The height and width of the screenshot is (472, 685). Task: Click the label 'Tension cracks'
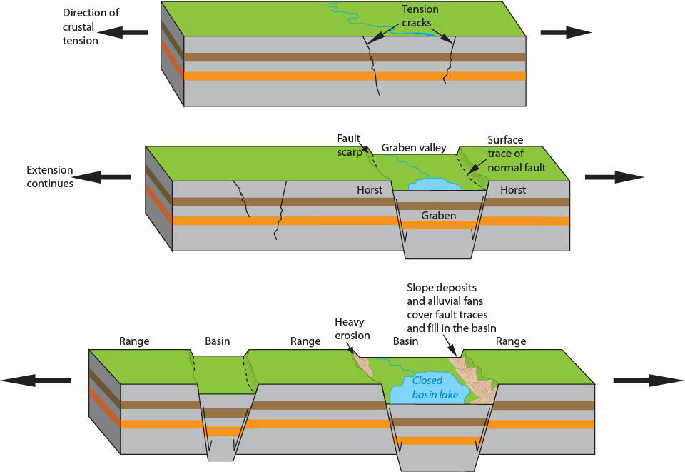pos(420,16)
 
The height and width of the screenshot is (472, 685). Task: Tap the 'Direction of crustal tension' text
pos(91,26)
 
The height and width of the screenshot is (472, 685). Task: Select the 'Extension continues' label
pos(50,176)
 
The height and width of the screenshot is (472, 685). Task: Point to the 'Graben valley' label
pos(414,148)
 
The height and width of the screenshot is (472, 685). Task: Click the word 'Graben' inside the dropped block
pos(438,215)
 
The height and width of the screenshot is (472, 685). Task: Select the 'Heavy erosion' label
pos(352,328)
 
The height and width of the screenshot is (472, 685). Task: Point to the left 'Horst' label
pos(370,190)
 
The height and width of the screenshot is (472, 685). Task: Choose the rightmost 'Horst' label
pos(513,190)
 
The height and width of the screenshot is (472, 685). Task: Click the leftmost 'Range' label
pos(134,341)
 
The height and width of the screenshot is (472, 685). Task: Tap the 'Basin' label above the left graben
pos(218,341)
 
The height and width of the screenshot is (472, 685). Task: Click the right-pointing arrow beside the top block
pos(566,32)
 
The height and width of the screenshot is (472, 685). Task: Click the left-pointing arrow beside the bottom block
pos(36,381)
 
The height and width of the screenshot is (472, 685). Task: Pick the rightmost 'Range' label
pos(511,341)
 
